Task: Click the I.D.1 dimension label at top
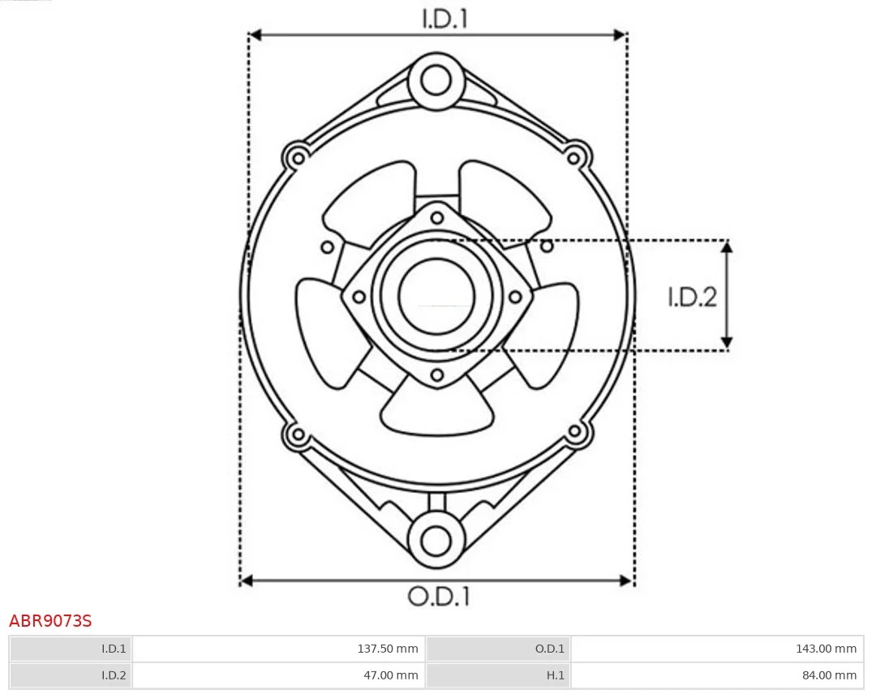[444, 18]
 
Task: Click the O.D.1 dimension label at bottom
[438, 598]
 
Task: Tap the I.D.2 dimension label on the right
[692, 298]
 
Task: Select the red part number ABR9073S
[50, 622]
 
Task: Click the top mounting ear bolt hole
[436, 81]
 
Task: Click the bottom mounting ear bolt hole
[436, 540]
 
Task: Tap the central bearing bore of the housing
[436, 296]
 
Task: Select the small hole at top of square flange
[437, 216]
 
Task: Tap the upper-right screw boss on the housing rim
[575, 155]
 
